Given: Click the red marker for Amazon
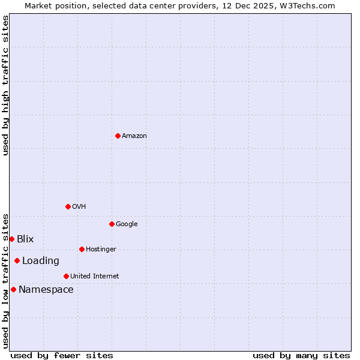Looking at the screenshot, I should (x=118, y=136).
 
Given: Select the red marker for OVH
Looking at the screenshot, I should (x=68, y=206).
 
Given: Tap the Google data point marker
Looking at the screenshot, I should (x=112, y=224).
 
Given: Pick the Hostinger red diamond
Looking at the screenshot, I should (x=82, y=249).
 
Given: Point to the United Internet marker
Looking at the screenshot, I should (x=66, y=276).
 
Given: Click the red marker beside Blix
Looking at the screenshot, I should (x=11, y=239).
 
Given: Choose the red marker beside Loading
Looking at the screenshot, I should (x=17, y=260).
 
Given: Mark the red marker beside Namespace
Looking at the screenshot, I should (x=13, y=289).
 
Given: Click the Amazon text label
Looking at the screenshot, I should (x=134, y=136).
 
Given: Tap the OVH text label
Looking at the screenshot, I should (x=79, y=206).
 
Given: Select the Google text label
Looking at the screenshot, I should (x=127, y=224).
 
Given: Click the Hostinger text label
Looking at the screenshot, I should (x=101, y=249).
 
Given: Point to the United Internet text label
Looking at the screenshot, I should (x=95, y=276).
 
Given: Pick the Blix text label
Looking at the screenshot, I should (x=25, y=239).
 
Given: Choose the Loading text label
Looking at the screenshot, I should (x=41, y=260).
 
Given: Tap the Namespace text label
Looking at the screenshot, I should (x=46, y=289).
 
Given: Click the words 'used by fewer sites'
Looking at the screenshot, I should (x=62, y=355).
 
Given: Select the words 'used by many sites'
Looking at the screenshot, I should (x=301, y=355).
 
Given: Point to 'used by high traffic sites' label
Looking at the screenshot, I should (x=5, y=85).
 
